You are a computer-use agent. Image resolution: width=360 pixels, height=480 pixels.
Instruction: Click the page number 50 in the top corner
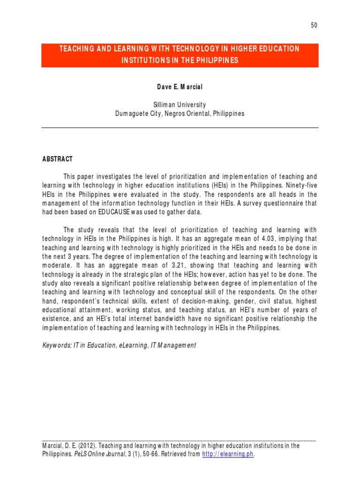(x=314, y=25)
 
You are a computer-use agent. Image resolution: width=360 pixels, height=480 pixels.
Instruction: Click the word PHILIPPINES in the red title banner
(x=214, y=60)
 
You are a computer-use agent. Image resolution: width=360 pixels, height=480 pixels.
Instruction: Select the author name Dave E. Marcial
(x=180, y=88)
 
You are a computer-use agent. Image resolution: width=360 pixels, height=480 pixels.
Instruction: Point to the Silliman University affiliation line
(x=180, y=105)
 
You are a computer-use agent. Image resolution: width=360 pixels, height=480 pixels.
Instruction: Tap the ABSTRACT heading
(x=57, y=159)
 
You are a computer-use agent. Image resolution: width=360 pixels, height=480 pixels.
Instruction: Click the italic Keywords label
(x=56, y=345)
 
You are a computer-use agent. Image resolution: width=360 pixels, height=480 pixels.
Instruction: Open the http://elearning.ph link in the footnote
(x=228, y=454)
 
